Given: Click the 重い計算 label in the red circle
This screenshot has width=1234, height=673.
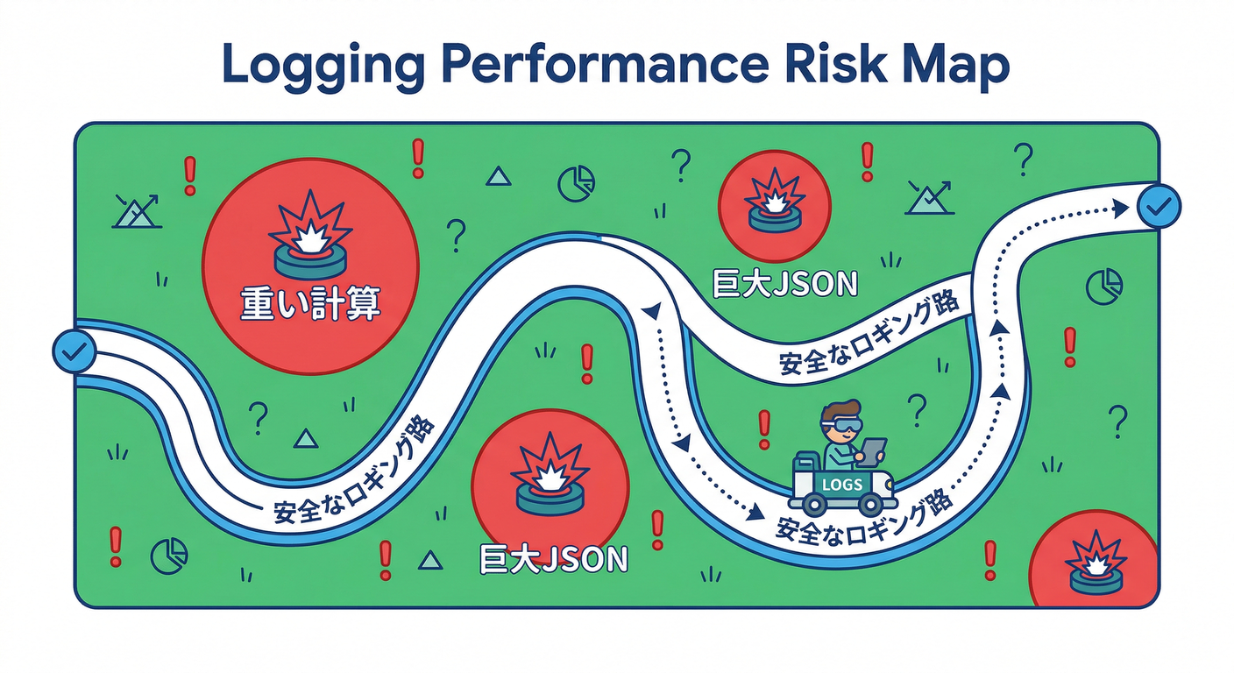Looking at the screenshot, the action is coord(310,303).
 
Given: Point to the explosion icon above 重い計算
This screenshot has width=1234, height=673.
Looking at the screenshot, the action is coord(311,235).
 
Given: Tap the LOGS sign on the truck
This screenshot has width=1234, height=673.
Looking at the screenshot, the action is coord(841,485).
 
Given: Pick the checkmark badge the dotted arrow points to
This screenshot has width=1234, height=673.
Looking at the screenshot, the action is coord(1159,207).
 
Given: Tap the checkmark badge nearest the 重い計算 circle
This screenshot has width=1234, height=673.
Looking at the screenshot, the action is coord(74,351).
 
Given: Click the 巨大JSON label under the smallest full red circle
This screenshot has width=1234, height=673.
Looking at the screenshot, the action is coord(785,284).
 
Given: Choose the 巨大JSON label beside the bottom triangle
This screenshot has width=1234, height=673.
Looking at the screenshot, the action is coord(554,560).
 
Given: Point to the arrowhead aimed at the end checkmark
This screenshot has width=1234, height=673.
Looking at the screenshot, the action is coord(1120,209).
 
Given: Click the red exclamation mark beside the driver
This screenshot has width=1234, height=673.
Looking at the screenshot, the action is coord(763,429).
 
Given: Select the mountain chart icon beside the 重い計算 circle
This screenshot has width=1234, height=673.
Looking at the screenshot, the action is coord(137,211).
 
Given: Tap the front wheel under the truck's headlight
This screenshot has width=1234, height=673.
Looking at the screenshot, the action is coord(871,503).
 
